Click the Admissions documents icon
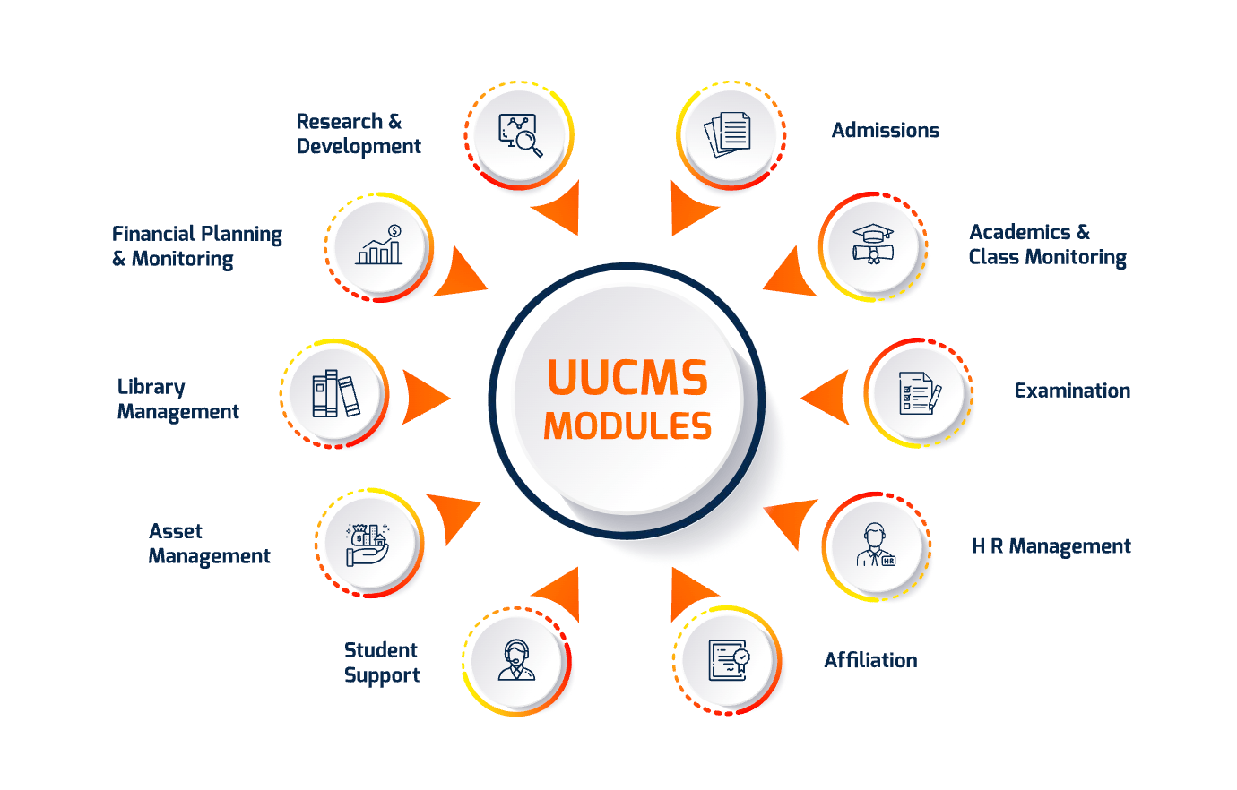728,135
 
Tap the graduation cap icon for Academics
872,245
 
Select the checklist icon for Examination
919,393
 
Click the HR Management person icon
876,545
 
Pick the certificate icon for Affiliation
728,660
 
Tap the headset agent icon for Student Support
516,661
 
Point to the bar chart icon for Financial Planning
380,245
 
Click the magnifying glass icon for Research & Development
520,136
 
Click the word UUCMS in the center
627,378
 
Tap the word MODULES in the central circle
627,425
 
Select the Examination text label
1071,391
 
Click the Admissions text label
885,131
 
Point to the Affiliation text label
869,660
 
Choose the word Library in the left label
151,387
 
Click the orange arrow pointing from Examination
826,397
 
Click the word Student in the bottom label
380,650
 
